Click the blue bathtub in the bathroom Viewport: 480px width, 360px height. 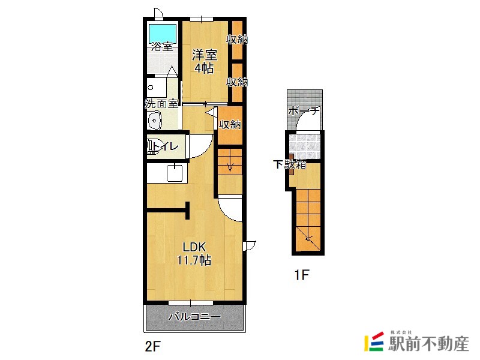click(x=163, y=34)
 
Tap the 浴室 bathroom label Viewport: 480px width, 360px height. click(x=162, y=47)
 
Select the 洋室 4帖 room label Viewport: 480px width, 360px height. click(x=204, y=62)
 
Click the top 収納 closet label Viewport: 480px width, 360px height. click(x=237, y=39)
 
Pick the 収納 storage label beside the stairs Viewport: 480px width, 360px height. click(x=230, y=125)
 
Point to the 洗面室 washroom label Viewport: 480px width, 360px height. click(x=161, y=103)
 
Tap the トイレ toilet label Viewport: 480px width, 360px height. click(x=166, y=146)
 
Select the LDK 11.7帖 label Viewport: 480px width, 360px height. click(x=194, y=253)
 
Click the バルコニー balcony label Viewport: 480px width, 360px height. click(x=194, y=317)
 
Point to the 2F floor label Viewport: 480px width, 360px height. click(x=153, y=347)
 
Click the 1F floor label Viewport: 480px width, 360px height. click(x=302, y=275)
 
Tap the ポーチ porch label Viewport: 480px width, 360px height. click(x=304, y=110)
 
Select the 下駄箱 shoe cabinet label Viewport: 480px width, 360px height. click(x=290, y=164)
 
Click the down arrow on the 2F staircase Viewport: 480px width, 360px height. click(x=230, y=166)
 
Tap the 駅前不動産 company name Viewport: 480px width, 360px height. click(x=429, y=344)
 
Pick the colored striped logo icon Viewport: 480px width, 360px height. click(x=374, y=341)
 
